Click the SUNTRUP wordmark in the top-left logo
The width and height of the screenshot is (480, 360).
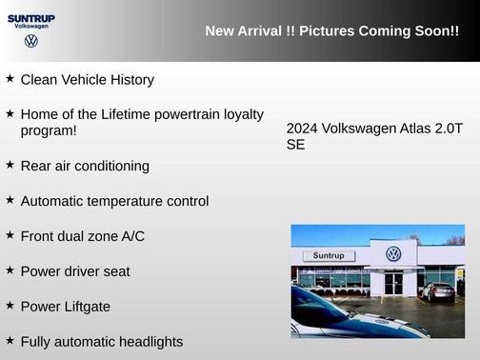click(x=31, y=17)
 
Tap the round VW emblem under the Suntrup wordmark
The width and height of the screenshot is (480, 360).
click(x=31, y=41)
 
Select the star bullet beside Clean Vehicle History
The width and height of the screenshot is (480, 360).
click(x=10, y=78)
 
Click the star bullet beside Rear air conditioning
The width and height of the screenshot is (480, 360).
click(x=10, y=164)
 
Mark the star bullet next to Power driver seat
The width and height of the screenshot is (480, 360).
click(x=10, y=270)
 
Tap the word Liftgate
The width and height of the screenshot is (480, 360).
click(x=85, y=307)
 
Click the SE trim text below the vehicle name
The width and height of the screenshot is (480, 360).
click(x=295, y=146)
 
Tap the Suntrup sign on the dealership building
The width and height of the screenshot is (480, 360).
click(x=328, y=256)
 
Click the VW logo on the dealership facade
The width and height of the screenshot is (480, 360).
click(x=393, y=254)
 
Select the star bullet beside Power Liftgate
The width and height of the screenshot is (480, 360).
click(x=10, y=305)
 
